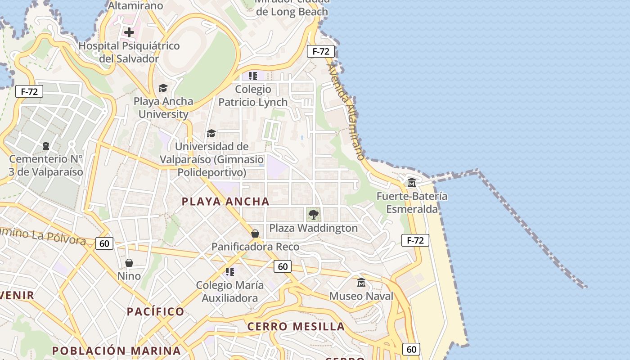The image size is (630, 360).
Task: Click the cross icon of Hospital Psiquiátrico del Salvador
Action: click(129, 32)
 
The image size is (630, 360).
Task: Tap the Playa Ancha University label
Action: click(163, 108)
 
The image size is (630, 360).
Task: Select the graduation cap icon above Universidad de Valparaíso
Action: click(211, 133)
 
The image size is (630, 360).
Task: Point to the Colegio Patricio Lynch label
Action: click(253, 96)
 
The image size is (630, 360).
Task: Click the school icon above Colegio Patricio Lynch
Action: click(253, 76)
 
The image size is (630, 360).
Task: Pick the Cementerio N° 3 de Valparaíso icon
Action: click(46, 146)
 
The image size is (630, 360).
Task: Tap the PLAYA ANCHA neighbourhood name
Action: click(225, 202)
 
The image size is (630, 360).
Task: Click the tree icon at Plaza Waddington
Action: click(314, 214)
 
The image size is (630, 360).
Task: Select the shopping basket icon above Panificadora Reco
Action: click(255, 234)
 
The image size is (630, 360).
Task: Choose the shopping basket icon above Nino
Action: click(129, 263)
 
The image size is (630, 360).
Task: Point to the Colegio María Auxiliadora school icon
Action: click(230, 272)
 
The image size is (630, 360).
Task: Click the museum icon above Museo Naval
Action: click(361, 283)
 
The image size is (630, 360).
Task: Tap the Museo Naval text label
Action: click(361, 296)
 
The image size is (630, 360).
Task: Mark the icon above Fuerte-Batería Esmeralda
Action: click(412, 182)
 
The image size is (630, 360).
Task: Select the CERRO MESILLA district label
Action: click(296, 327)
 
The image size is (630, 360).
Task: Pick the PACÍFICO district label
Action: click(155, 311)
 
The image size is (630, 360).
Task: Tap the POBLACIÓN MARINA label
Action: click(116, 351)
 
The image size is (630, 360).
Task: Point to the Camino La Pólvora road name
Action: click(43, 236)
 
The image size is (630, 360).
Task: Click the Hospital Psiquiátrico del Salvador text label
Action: click(129, 52)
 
